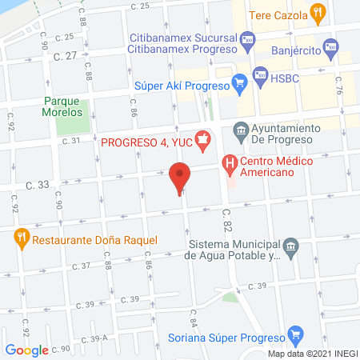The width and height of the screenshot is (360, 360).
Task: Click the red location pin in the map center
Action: pyautogui.click(x=180, y=177)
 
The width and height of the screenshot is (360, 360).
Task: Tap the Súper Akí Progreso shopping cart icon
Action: pyautogui.click(x=238, y=81)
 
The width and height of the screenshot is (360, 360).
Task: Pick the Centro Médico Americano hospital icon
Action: pyautogui.click(x=231, y=166)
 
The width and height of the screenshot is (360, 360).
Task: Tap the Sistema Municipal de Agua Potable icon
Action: pyautogui.click(x=291, y=246)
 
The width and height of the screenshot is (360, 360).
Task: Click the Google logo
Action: pyautogui.click(x=26, y=350)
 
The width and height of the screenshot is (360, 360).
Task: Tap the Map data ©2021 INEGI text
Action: pyautogui.click(x=313, y=354)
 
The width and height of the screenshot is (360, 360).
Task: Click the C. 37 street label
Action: pyautogui.click(x=81, y=266)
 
